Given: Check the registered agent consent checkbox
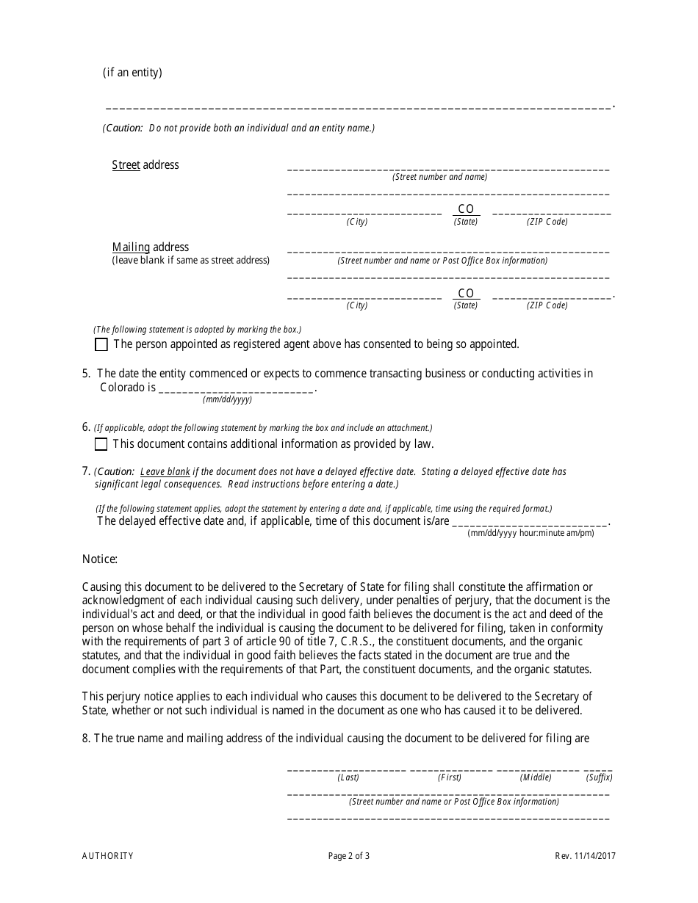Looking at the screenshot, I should (x=101, y=344).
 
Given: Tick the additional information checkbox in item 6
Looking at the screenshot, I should (x=101, y=444).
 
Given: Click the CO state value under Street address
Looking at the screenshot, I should (x=466, y=209).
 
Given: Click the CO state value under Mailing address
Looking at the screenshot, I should (x=466, y=293).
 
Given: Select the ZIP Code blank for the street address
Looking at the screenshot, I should (x=551, y=212).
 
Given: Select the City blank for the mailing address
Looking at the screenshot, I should (x=364, y=296).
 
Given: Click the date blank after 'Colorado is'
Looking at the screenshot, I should (x=236, y=388).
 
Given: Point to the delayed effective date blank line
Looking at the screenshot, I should (x=530, y=522).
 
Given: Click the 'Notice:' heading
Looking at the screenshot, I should (x=100, y=559).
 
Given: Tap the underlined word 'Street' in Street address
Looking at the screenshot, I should (x=126, y=165).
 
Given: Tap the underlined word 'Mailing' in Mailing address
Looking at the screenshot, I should (x=131, y=247).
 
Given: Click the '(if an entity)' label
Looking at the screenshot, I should (x=132, y=73).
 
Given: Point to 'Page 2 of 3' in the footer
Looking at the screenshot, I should (x=349, y=855).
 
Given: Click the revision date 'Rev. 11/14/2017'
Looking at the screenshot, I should (x=585, y=855).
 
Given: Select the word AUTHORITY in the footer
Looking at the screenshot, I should (x=108, y=855).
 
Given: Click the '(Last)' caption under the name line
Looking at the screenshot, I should (x=348, y=777).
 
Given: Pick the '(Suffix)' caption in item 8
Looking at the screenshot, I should (x=599, y=777).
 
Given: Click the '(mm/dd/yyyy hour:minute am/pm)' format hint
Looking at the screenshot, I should (x=530, y=533).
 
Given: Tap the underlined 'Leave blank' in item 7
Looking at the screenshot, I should (x=165, y=472).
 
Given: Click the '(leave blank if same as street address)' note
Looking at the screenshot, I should (x=190, y=261).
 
